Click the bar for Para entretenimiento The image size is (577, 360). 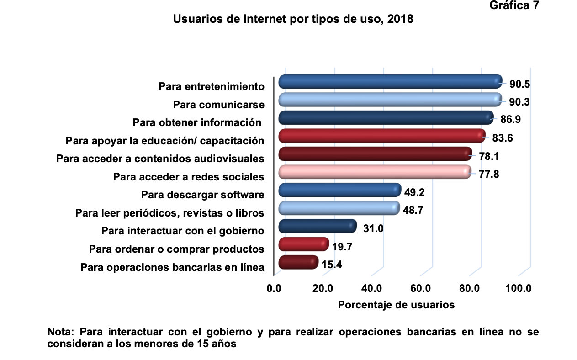click(x=389, y=82)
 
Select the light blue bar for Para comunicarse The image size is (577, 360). click(x=389, y=100)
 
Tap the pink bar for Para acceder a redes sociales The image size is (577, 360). click(x=374, y=172)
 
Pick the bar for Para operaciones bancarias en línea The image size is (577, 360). click(x=298, y=262)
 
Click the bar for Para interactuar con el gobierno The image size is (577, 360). click(x=317, y=226)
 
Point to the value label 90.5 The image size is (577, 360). click(x=519, y=85)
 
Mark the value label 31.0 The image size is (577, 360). click(x=373, y=228)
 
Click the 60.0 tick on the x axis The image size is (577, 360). click(x=420, y=288)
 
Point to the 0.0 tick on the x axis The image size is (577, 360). click(x=274, y=288)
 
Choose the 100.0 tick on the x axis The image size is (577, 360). click(x=519, y=288)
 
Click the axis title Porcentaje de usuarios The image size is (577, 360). click(x=396, y=305)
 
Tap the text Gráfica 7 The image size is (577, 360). click(x=514, y=6)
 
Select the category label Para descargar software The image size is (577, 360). click(x=202, y=195)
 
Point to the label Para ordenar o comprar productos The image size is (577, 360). click(x=176, y=249)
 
